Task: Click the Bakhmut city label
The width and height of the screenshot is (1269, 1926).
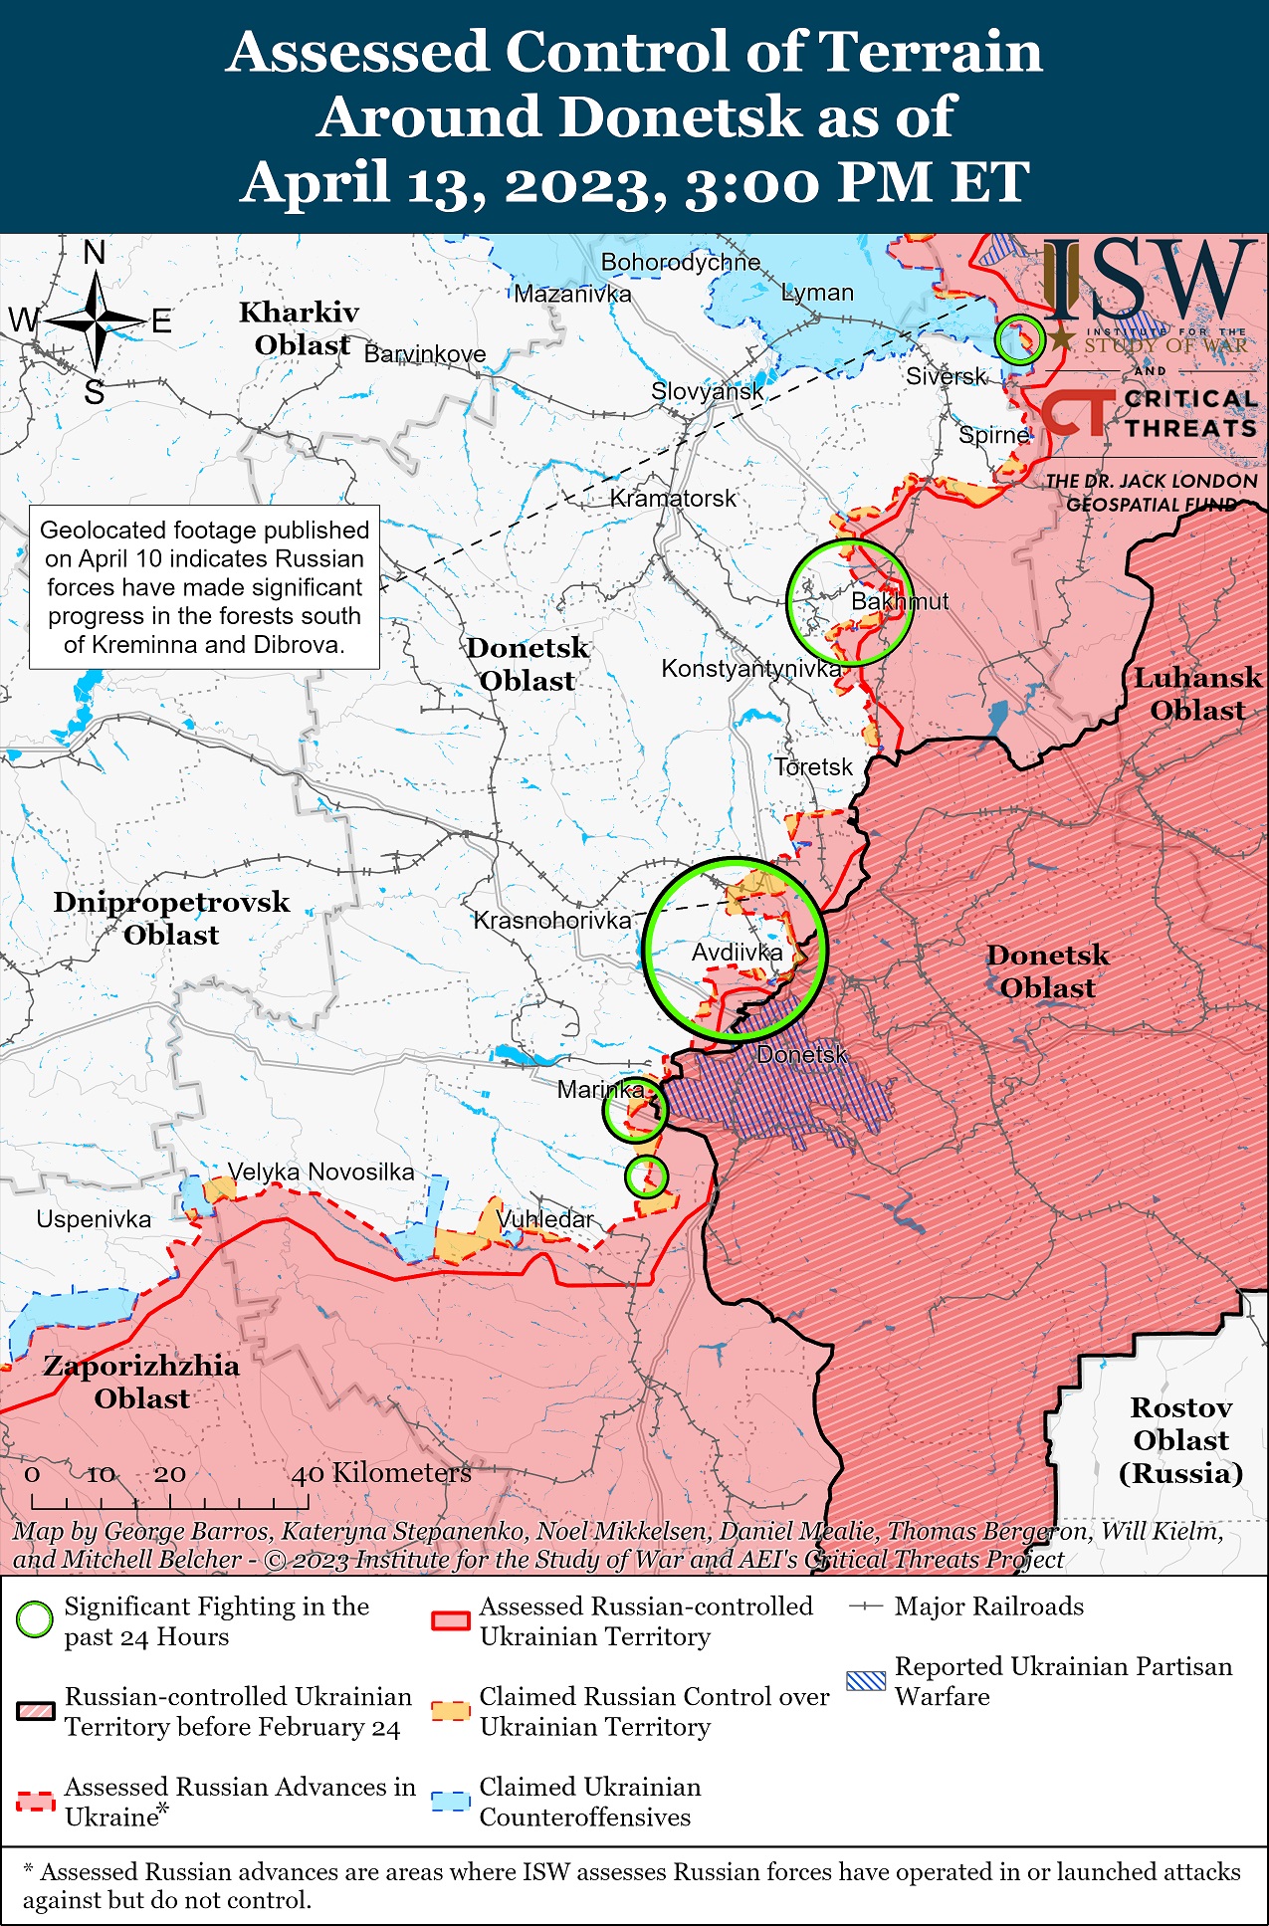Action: point(899,602)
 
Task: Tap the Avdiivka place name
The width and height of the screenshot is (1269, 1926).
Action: point(737,953)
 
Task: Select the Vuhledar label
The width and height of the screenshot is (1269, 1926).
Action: point(544,1219)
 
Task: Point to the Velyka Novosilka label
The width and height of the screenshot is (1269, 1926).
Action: point(320,1172)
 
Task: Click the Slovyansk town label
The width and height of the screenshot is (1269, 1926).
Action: point(707,391)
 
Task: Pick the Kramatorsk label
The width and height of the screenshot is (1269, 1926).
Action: point(673,498)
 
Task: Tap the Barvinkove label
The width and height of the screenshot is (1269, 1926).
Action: point(425,354)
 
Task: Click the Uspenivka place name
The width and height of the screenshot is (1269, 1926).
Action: point(94,1219)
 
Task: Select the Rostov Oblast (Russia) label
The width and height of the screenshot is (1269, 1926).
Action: point(1180,1440)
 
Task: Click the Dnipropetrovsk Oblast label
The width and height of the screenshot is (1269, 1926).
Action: point(171,918)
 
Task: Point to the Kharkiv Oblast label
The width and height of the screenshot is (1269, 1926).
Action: point(299,328)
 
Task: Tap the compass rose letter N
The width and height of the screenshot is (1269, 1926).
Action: point(95,254)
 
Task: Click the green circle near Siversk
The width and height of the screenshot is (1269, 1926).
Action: point(1019,339)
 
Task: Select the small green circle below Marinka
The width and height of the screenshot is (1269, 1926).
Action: point(646,1177)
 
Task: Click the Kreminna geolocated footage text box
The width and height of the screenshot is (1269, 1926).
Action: point(204,587)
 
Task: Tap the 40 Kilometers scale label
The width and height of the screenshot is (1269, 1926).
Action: point(381,1473)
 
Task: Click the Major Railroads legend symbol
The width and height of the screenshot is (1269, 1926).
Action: point(865,1606)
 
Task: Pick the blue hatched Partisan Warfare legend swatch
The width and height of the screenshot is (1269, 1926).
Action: point(865,1681)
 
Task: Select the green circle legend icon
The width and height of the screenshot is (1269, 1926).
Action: point(35,1619)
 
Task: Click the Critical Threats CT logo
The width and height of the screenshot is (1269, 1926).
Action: point(1077,412)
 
